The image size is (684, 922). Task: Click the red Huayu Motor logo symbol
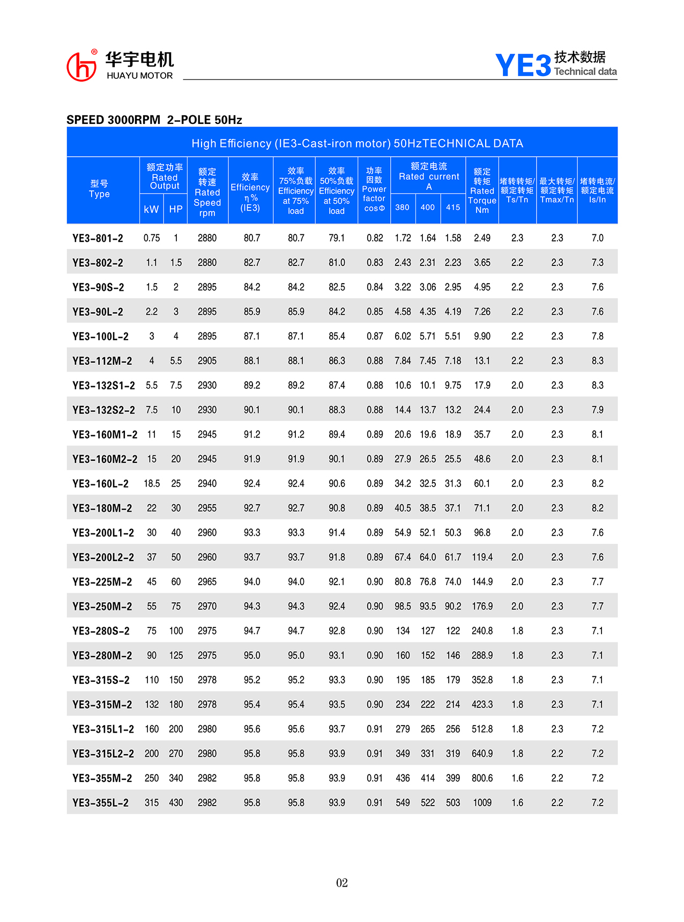(x=81, y=67)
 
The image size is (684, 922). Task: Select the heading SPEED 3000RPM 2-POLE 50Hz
(x=154, y=120)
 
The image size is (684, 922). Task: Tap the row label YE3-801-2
(x=98, y=238)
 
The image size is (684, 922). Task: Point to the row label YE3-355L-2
(x=100, y=803)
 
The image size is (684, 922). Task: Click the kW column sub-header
(x=151, y=209)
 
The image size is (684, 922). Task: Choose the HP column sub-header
(x=176, y=209)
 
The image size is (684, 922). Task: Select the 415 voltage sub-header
(x=453, y=208)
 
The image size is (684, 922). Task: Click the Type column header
(x=99, y=189)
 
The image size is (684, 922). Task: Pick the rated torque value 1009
(x=482, y=803)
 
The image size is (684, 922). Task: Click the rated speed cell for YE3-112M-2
(x=207, y=361)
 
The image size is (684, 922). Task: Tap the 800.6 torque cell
(x=482, y=778)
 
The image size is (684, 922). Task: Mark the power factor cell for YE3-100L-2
(x=375, y=336)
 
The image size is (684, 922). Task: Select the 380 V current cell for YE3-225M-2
(x=403, y=582)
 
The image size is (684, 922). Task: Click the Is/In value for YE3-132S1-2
(x=597, y=386)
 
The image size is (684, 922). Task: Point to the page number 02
(x=342, y=883)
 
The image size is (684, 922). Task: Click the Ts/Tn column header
(x=517, y=190)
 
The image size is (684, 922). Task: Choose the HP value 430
(x=176, y=803)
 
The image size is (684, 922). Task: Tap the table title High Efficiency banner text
(x=357, y=143)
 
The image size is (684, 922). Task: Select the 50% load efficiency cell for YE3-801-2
(x=337, y=238)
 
